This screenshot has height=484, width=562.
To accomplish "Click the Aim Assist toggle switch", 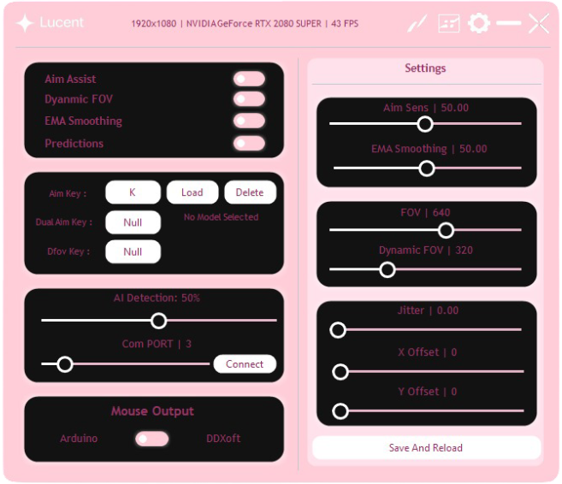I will tap(249, 80).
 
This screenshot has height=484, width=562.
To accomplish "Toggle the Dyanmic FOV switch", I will tap(249, 99).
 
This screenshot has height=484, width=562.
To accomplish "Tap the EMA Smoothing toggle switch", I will tap(249, 121).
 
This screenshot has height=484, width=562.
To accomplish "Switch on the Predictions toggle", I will tap(249, 143).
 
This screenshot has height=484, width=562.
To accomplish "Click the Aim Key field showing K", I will tap(133, 192).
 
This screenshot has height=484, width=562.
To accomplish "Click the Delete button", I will tap(250, 192).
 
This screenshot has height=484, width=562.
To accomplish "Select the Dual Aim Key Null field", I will tap(133, 222).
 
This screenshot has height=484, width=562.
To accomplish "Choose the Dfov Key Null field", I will tap(133, 251).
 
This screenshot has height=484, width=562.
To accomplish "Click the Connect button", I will tap(245, 364).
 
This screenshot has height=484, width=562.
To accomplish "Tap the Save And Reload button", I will tap(425, 447).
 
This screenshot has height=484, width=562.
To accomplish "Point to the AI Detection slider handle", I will tap(158, 321).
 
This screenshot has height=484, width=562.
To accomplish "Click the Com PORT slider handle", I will tap(64, 364).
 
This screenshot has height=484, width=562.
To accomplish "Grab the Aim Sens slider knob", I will tap(424, 124).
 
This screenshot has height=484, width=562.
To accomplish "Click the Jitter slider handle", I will tap(338, 329).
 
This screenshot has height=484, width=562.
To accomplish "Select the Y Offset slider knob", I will tap(340, 411).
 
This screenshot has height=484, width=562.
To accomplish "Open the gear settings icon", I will tap(478, 23).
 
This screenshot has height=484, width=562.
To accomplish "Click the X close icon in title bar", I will tap(539, 23).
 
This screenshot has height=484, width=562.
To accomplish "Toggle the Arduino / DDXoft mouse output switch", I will tap(152, 439).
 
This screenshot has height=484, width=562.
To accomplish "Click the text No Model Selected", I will tap(221, 217).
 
